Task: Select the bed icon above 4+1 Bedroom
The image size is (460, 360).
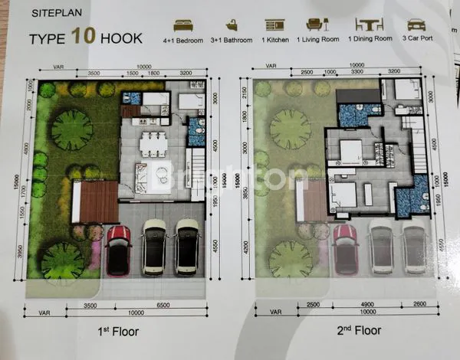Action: pos(184,25)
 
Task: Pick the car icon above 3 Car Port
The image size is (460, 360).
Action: pos(416,25)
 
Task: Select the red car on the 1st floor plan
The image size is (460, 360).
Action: pos(119,250)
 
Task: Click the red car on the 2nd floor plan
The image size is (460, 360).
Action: pos(346,250)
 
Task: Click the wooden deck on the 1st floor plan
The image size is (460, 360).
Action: pos(95,201)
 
